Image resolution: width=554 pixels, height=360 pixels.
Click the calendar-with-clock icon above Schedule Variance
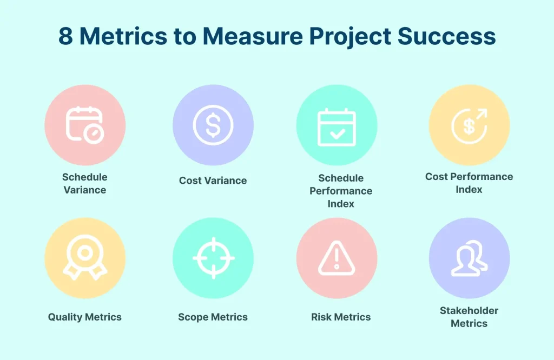[85, 125]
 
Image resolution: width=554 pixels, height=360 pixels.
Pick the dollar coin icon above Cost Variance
[213, 125]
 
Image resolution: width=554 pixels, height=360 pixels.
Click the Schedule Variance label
[85, 183]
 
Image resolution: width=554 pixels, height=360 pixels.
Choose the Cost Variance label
[213, 181]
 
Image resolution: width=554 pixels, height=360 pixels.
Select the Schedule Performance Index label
[341, 191]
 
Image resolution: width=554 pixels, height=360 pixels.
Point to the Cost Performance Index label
[469, 183]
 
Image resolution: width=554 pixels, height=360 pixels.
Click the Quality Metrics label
[85, 317]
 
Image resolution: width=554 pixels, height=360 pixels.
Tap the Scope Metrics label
[213, 317]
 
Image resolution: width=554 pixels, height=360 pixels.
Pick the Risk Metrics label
[341, 317]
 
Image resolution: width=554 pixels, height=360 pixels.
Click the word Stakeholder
[469, 311]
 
